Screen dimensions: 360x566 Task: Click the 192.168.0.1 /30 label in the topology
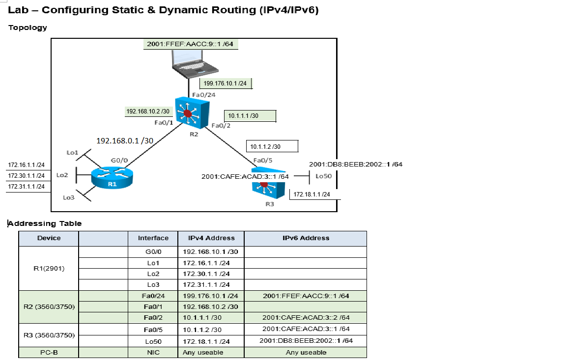[x=125, y=141]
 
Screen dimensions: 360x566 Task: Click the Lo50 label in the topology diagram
[x=323, y=176]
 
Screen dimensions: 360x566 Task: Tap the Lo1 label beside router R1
[x=72, y=153]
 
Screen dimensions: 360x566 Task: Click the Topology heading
[x=28, y=28]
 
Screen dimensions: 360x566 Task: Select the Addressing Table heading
[x=45, y=223]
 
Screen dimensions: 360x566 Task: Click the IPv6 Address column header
[x=305, y=238]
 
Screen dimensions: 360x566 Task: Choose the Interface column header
[x=153, y=238]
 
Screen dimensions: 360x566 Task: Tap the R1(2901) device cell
[x=48, y=268]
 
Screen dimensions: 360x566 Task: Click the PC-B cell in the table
[x=48, y=352]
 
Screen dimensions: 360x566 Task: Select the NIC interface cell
[x=153, y=352]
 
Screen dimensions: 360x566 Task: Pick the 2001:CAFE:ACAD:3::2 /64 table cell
[x=305, y=317]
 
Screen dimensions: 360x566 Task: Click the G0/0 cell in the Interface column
[x=153, y=251]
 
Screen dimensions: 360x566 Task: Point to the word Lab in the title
[x=19, y=10]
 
